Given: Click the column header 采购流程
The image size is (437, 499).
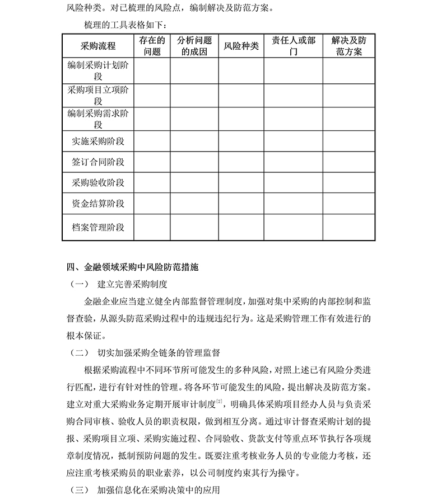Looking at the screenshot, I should coord(98,46).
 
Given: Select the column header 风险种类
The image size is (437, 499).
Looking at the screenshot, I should coord(241,46).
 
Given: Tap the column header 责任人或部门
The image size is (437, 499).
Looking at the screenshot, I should coord(293,46).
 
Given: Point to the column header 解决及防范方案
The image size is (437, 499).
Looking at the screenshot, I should coord(349,46).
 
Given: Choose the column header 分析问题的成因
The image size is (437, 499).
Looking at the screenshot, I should coord(194,46).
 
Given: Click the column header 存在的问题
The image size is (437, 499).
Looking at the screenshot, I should coord(152,46).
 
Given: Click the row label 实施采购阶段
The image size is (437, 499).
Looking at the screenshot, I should coord(98,142).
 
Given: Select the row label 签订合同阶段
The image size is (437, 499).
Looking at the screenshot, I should coord(98,162).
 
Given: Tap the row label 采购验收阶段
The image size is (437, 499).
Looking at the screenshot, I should coord(98,183).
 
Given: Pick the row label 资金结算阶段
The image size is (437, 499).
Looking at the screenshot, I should coord(98,204).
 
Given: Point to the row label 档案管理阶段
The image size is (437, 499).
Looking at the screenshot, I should coord(98,228).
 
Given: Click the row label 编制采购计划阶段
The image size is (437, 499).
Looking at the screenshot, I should coord(98,70).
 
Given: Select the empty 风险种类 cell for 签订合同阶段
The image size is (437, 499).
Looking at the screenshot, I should coord(241,162).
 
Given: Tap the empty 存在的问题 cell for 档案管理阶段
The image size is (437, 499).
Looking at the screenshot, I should coord(152,228).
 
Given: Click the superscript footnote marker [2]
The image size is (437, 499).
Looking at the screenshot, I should coord(220,401).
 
